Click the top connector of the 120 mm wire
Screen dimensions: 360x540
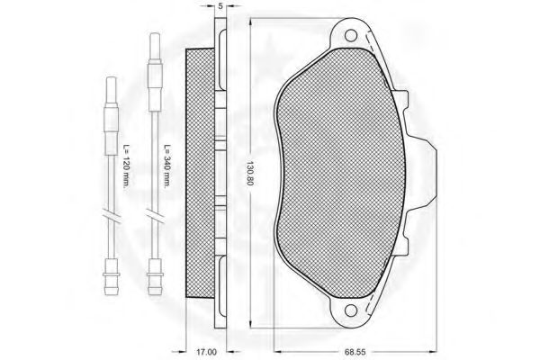[x=112, y=90]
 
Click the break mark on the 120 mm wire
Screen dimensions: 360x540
[x=112, y=218]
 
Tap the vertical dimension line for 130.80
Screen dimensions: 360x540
[x=246, y=90]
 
